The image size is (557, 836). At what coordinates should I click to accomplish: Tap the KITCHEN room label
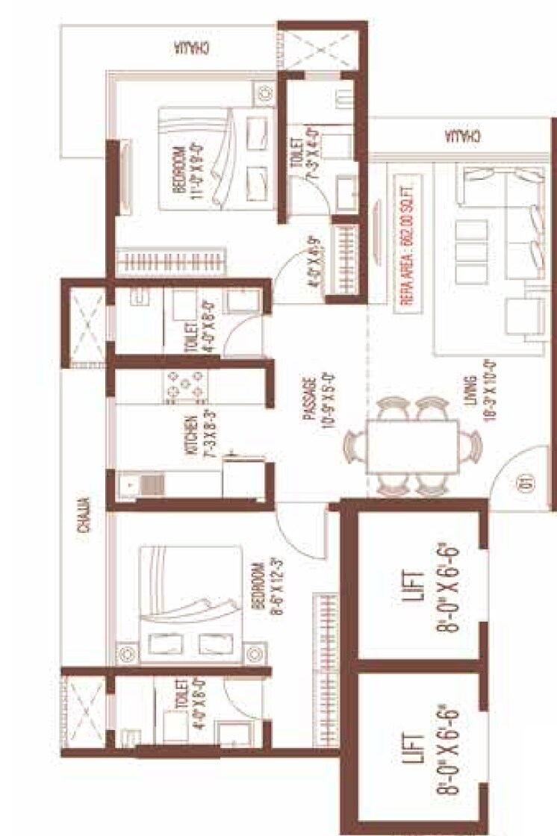[192, 435]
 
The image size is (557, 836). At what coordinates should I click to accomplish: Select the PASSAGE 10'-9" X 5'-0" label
[313, 404]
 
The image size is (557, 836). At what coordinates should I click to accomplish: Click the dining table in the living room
[413, 446]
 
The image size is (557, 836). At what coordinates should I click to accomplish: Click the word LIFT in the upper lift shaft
[416, 586]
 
